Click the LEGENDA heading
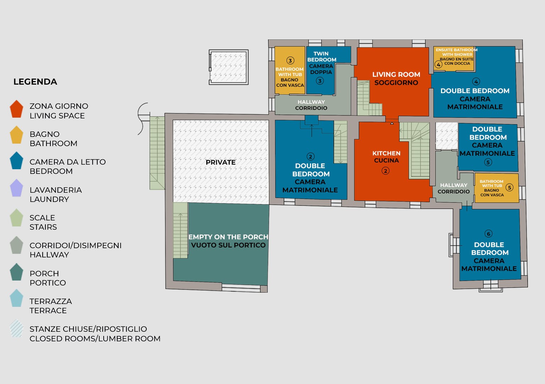click(35, 82)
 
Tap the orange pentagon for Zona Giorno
click(17, 109)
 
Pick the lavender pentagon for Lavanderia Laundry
click(17, 188)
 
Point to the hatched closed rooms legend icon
click(17, 328)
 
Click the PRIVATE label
click(220, 162)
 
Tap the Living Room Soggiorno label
click(396, 79)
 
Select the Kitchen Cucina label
click(386, 157)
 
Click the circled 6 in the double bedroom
click(488, 234)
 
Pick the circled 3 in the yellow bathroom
click(290, 60)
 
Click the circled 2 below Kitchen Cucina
click(385, 171)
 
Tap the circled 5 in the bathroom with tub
click(509, 187)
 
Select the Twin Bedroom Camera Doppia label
click(321, 63)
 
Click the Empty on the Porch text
click(228, 237)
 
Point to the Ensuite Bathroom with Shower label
click(457, 52)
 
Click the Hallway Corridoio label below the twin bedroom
click(311, 105)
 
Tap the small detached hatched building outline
click(228, 67)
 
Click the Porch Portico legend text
click(48, 278)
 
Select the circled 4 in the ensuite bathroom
click(438, 65)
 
